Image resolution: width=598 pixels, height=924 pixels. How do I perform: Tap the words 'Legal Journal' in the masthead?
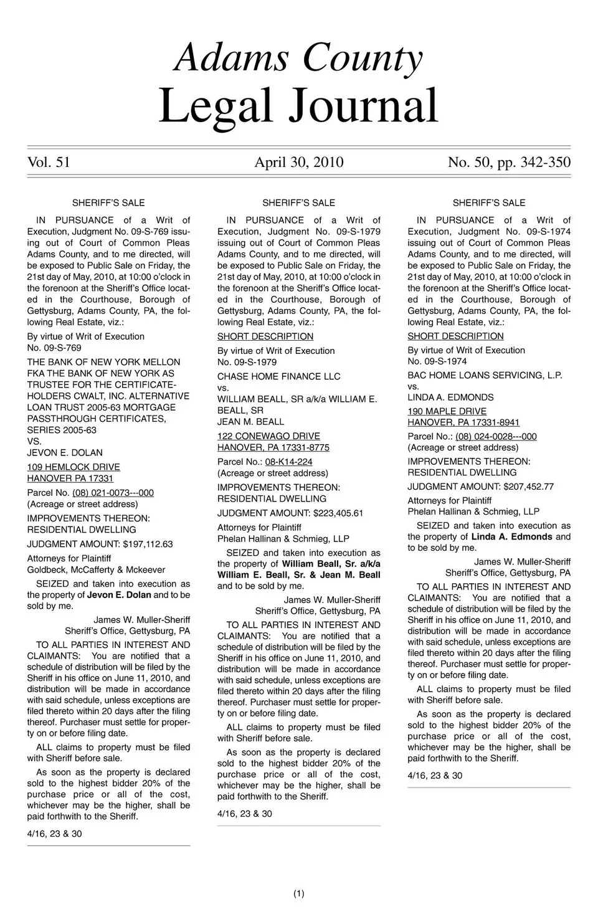pos(299,106)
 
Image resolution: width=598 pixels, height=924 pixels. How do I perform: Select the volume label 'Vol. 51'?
pos(49,163)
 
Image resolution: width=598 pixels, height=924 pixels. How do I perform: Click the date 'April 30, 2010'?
pos(299,163)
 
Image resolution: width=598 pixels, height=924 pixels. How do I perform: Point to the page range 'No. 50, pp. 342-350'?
pos(509,163)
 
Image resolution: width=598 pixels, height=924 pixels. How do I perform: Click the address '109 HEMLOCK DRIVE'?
pos(74,467)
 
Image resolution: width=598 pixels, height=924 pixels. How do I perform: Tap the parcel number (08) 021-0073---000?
pos(113,493)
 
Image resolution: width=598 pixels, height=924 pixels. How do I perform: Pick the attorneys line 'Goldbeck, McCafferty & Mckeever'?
pos(96,569)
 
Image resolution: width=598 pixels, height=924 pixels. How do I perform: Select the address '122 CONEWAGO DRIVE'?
pos(268,436)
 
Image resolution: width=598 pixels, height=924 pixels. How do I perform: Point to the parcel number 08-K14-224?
pos(288,462)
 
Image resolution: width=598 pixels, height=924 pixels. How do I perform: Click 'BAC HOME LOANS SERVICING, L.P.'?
pos(485,375)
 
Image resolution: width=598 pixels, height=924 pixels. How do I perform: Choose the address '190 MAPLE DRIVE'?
pos(447,411)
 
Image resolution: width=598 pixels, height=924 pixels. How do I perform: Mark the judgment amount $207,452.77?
pos(528,487)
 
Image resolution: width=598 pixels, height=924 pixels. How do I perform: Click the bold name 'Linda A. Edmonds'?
pos(511,536)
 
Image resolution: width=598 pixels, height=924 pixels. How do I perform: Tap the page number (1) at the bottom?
pos(298,894)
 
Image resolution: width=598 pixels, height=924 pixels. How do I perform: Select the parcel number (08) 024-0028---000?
pos(496,437)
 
